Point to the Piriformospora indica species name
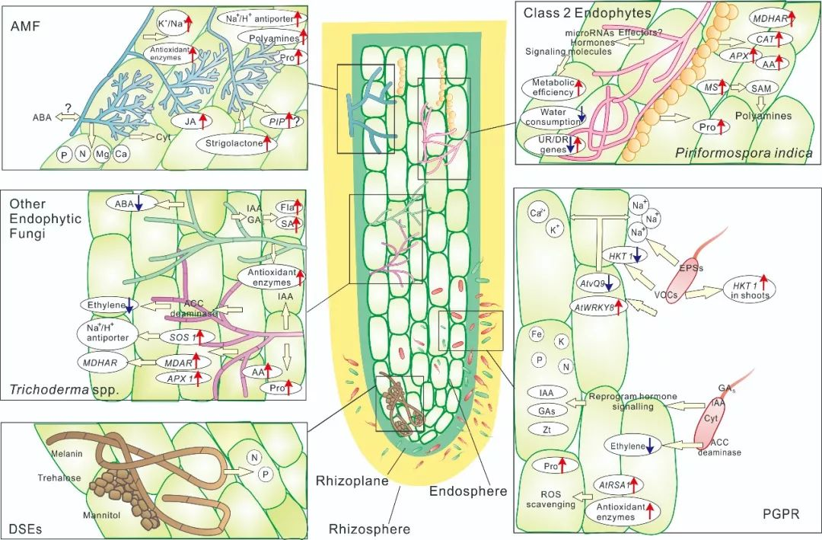[x=744, y=153]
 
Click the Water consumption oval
[x=554, y=117]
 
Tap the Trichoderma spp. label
[x=54, y=390]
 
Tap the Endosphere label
[x=468, y=491]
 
